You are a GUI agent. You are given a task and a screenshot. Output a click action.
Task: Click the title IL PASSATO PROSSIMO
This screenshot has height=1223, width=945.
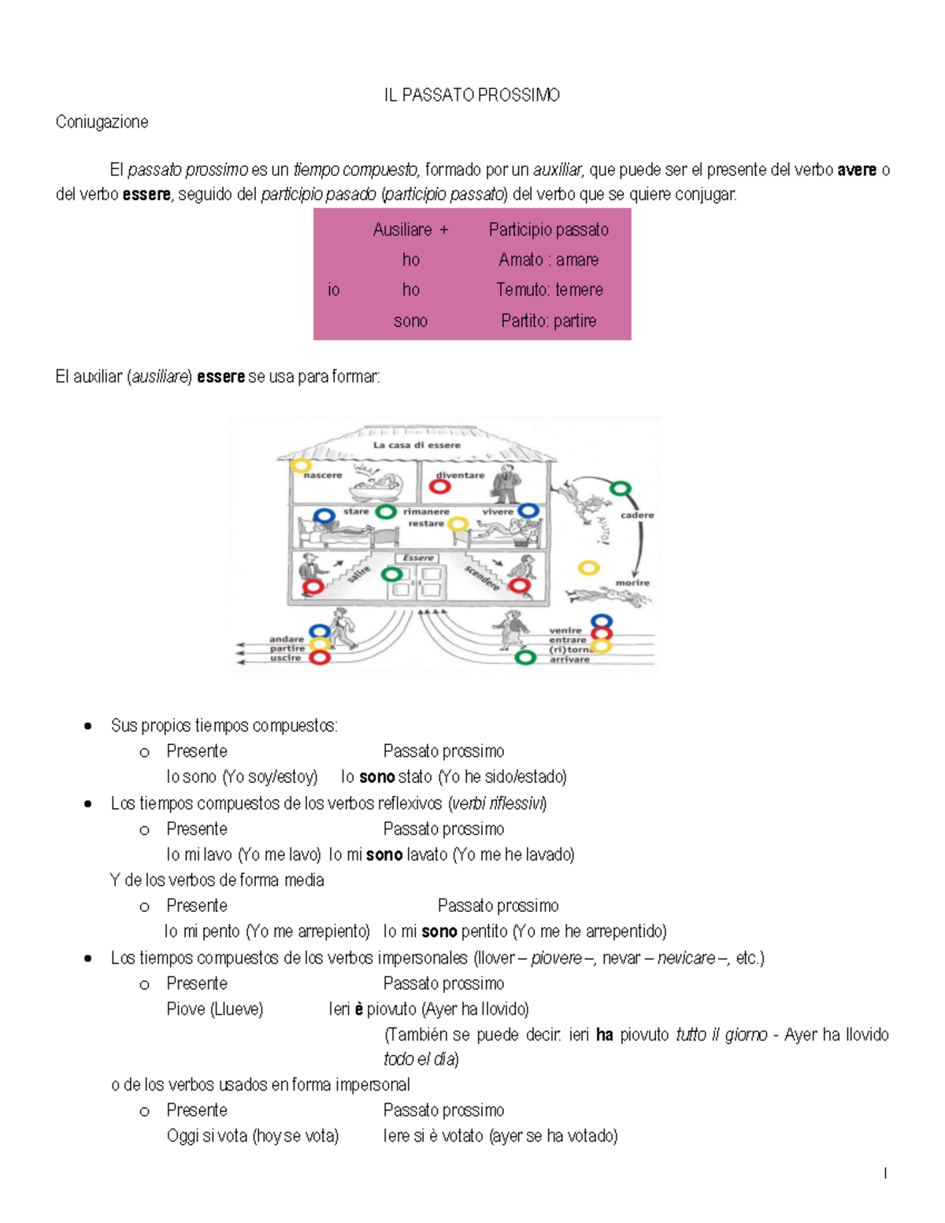[x=472, y=95]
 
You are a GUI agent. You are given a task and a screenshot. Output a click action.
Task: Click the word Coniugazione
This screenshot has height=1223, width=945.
[x=102, y=122]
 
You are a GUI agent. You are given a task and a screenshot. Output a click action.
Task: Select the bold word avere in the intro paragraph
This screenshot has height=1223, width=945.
[x=857, y=170]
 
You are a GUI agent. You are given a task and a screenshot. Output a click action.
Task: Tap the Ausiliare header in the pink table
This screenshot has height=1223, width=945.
[x=402, y=230]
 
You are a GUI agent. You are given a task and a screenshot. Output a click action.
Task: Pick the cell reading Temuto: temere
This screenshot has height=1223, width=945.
[x=549, y=290]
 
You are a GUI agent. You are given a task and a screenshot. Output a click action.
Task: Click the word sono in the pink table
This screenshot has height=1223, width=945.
[x=410, y=321]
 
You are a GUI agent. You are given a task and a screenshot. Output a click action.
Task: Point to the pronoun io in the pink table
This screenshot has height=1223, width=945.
[x=334, y=290]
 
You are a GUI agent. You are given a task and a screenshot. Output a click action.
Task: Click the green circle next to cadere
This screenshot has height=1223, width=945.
[x=621, y=489]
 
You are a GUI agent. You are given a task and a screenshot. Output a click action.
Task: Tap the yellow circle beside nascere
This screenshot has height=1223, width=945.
[x=300, y=465]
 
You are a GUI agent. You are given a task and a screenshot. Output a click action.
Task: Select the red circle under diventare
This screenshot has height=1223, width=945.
[x=439, y=487]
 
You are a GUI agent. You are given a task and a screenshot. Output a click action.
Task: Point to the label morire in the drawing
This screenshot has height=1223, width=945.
[x=632, y=583]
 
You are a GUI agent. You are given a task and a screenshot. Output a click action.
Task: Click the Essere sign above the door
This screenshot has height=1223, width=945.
[x=418, y=558]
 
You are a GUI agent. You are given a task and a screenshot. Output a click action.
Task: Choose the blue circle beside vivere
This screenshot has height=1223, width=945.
[x=528, y=511]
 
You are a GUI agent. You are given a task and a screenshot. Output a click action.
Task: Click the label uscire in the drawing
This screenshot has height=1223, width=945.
[x=285, y=658]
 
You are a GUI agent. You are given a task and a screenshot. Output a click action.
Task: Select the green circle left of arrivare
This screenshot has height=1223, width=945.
[x=525, y=657]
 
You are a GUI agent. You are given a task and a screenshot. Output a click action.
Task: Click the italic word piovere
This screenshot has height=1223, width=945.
[x=557, y=958]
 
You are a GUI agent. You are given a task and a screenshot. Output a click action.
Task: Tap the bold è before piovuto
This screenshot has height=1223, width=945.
[x=359, y=1010]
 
